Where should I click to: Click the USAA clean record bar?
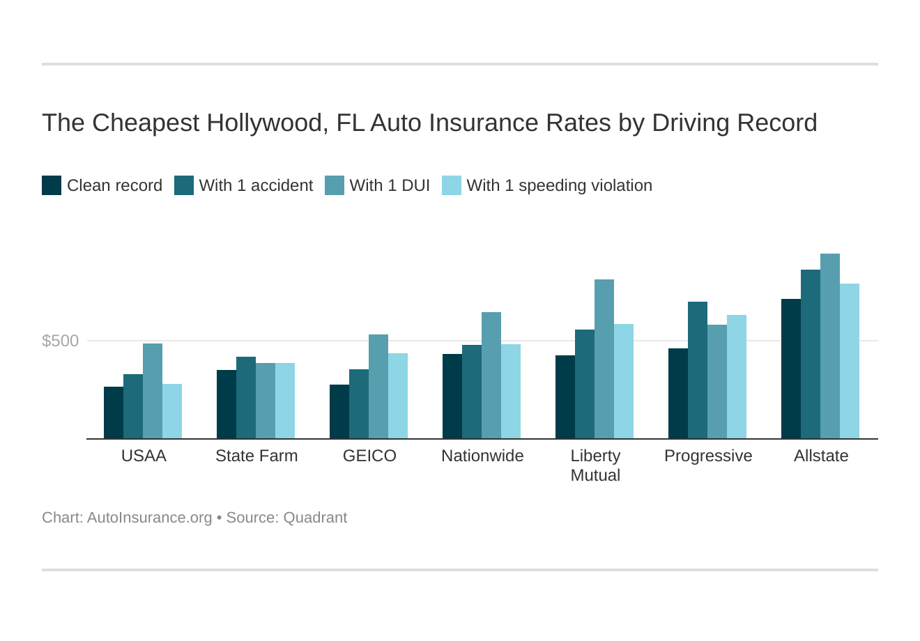(114, 412)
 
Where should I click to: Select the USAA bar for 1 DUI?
(153, 391)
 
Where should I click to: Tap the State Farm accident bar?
(246, 398)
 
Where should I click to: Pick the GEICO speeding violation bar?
(398, 396)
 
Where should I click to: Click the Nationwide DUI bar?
(491, 376)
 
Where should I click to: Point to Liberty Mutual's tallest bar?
(604, 359)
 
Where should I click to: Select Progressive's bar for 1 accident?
(698, 370)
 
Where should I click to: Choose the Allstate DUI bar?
(830, 346)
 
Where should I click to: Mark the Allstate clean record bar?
(791, 369)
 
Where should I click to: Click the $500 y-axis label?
(61, 341)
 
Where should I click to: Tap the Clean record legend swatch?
(52, 185)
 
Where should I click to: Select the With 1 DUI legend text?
(390, 185)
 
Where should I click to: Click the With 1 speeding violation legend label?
(559, 185)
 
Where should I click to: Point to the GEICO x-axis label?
(369, 456)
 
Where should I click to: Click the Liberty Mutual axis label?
(595, 465)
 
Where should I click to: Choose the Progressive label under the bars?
(708, 456)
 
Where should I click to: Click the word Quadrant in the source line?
(315, 518)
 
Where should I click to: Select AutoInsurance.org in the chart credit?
(149, 518)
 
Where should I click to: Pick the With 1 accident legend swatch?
(184, 185)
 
